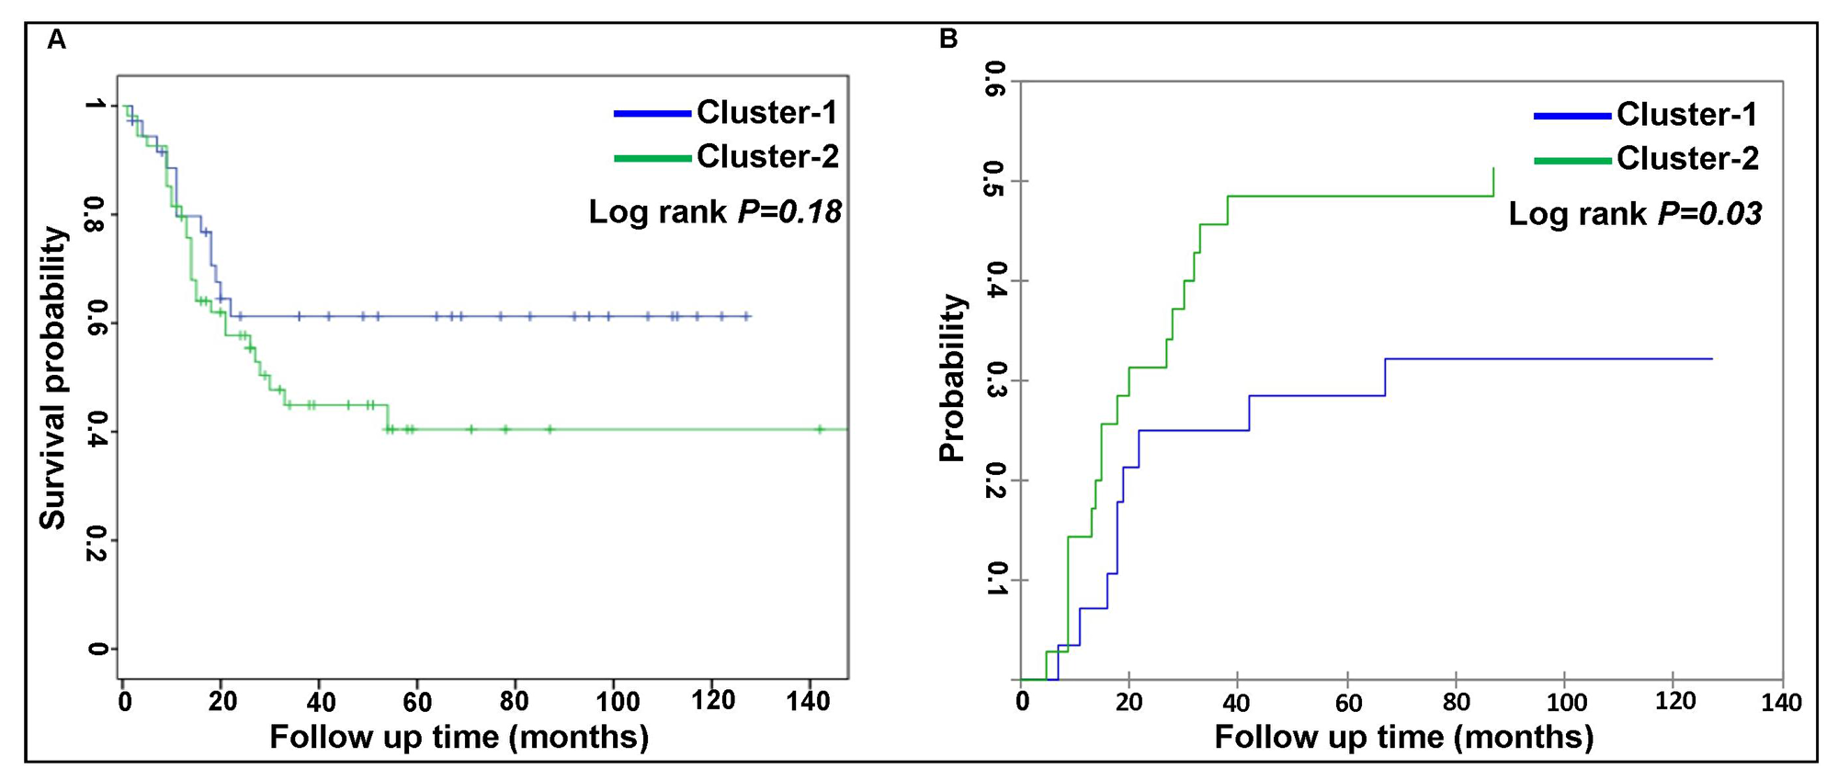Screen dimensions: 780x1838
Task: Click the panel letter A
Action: click(57, 40)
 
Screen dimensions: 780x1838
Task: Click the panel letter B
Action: click(948, 39)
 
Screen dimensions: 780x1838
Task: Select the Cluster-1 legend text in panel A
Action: click(767, 112)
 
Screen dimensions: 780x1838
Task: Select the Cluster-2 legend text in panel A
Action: click(767, 156)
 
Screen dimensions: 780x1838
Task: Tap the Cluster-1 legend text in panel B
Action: click(1687, 115)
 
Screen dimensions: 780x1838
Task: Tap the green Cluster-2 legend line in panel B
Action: click(1572, 160)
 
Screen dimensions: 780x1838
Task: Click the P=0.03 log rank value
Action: click(1710, 214)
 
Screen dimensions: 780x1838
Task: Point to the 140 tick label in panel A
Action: click(810, 702)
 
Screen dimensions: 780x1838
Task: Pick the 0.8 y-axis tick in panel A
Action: click(96, 214)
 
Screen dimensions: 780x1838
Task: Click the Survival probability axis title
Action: click(53, 378)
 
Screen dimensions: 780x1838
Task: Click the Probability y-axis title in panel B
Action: click(953, 378)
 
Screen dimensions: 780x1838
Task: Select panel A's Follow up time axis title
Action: click(459, 737)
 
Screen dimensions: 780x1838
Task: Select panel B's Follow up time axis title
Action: click(1403, 737)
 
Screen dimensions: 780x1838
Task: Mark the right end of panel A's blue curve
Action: click(749, 316)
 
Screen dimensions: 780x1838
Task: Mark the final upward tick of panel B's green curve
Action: click(1493, 180)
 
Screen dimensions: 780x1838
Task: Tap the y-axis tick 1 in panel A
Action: click(96, 106)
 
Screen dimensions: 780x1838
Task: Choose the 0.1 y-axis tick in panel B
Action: click(994, 579)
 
